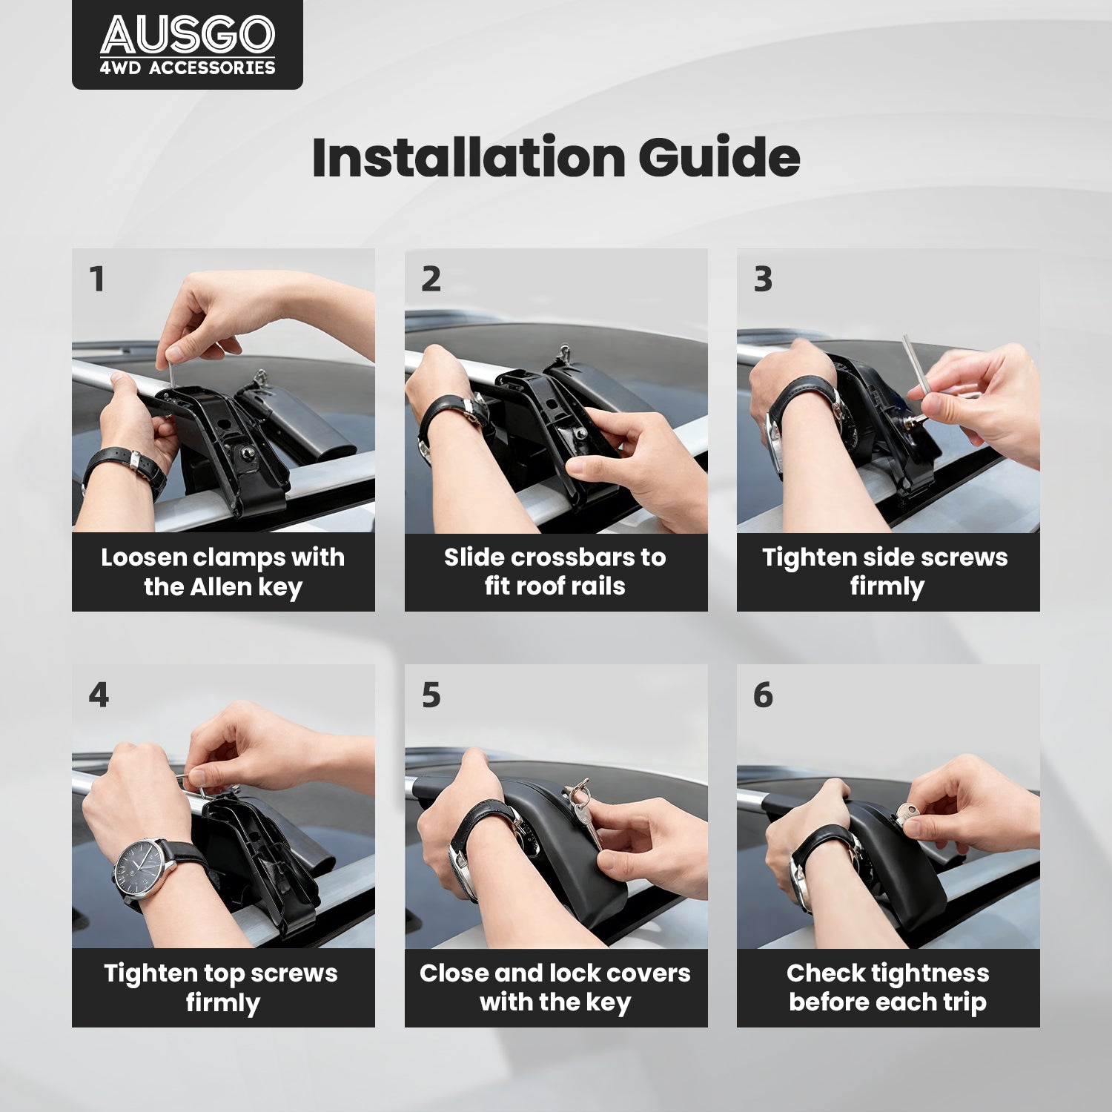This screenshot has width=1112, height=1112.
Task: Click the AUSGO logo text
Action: point(188,35)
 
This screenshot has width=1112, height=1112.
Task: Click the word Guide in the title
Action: point(719,157)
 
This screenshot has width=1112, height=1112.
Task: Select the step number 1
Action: point(96,279)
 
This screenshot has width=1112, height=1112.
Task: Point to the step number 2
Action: point(431,279)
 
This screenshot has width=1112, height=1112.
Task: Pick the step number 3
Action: point(763,279)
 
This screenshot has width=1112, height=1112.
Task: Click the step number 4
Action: point(99,695)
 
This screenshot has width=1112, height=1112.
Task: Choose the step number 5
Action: point(431,695)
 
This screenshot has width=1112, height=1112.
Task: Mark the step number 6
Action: point(763,695)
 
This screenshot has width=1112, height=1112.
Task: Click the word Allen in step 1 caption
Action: point(222,586)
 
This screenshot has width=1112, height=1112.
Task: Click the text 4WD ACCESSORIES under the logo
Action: point(188,67)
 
